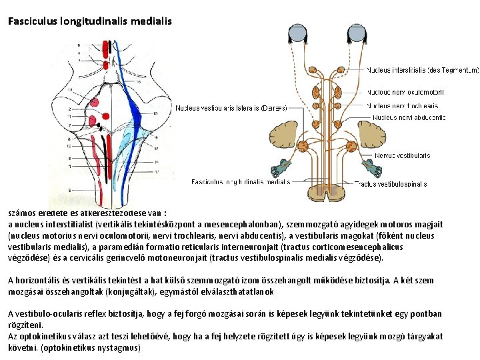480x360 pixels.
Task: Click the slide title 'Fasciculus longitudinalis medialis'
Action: pos(90,21)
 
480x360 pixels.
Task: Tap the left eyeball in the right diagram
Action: pos(297,33)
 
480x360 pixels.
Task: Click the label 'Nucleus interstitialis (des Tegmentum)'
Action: pos(422,70)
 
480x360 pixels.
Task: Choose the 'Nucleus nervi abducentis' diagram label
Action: pos(409,117)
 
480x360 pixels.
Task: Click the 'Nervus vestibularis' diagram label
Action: pos(402,155)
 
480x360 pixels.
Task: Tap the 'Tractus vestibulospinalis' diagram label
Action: pos(391,183)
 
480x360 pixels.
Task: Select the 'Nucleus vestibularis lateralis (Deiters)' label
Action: pos(231,107)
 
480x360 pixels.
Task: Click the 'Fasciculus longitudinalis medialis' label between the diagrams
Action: pos(241,181)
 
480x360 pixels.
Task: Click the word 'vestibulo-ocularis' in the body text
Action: pos(49,314)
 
